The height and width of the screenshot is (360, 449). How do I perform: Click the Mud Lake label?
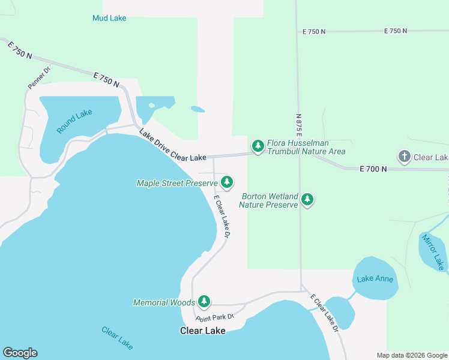[109, 18]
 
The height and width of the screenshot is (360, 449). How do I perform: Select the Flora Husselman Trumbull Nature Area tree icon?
[258, 146]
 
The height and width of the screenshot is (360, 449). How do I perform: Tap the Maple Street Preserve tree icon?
[226, 181]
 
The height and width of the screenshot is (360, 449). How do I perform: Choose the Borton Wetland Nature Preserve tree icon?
[307, 199]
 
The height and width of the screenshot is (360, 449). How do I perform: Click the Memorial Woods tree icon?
[204, 301]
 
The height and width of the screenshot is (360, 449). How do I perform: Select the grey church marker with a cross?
[404, 157]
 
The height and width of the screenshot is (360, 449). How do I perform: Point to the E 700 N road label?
[373, 170]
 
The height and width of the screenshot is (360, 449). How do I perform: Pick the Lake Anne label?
[375, 279]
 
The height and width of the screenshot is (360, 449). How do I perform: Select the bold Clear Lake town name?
[203, 331]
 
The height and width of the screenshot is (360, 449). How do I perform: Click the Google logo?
[20, 353]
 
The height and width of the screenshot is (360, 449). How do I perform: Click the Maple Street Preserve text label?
[176, 183]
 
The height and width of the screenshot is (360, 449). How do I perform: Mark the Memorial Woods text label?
[164, 302]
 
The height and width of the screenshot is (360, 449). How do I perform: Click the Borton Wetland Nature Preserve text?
[268, 200]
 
